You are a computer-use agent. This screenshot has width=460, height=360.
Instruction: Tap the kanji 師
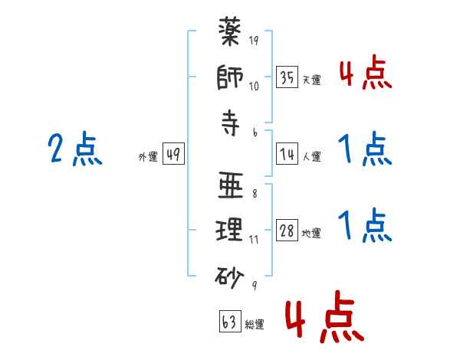click(231, 78)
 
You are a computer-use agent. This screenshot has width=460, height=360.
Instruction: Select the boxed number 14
click(287, 155)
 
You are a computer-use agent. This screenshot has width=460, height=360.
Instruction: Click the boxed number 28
click(287, 231)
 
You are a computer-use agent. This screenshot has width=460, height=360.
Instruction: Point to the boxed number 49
click(172, 155)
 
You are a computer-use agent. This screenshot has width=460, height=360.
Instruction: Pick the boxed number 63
click(228, 322)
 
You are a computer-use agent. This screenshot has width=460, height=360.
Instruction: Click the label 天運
click(312, 80)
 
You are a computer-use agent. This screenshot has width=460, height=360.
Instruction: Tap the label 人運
click(312, 156)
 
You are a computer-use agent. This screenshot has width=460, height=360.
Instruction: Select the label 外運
click(147, 156)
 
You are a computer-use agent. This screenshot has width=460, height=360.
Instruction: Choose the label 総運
click(254, 325)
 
